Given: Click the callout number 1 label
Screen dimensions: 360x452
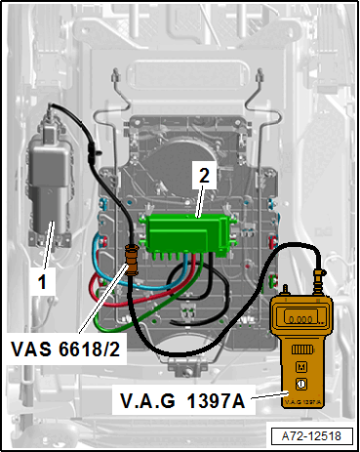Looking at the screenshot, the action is click(x=42, y=282).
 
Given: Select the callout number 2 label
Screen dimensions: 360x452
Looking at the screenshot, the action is click(x=204, y=176).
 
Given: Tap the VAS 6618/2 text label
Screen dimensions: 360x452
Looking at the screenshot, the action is click(x=65, y=349).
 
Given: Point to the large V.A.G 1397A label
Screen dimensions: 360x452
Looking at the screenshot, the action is click(x=182, y=400).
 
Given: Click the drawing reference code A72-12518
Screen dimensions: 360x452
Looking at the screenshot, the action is click(x=311, y=436).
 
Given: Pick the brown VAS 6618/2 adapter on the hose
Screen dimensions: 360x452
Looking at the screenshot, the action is click(x=132, y=260).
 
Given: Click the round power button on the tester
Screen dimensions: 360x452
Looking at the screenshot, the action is click(x=301, y=384).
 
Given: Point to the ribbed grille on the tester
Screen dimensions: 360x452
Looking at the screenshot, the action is click(x=301, y=349).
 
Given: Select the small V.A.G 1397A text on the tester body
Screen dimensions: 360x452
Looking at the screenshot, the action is click(x=303, y=402).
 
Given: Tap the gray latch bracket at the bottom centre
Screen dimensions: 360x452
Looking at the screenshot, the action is click(x=187, y=367).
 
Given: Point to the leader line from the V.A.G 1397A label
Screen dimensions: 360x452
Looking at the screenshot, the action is click(x=268, y=395).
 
